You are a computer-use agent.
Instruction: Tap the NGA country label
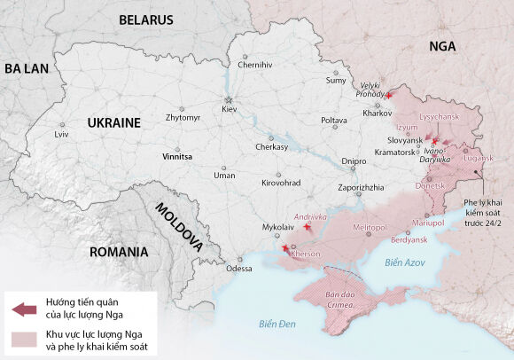[440, 46]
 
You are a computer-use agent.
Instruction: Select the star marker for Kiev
[229, 98]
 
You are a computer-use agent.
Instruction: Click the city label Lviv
[61, 134]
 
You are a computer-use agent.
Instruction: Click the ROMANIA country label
[118, 252]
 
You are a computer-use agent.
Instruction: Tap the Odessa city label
[238, 268]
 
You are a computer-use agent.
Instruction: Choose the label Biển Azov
[405, 263]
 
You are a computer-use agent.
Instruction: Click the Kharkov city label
[378, 113]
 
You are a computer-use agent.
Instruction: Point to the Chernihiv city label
[255, 65]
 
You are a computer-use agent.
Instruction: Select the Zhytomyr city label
[183, 118]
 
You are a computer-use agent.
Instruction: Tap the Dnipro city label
[354, 161]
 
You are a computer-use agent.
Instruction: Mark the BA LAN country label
[25, 68]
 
